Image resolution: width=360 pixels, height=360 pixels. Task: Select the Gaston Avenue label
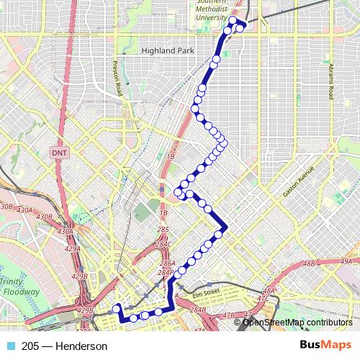click(x=299, y=184)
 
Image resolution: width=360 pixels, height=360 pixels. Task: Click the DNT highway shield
click(x=58, y=153)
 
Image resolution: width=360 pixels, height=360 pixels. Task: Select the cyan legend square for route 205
click(x=10, y=346)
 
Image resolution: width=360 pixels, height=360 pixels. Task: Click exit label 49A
click(x=346, y=261)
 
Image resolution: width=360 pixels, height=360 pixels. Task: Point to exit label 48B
click(x=309, y=264)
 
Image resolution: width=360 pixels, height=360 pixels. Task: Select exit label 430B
click(x=44, y=217)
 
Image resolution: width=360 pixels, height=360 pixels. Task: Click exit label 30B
click(x=6, y=206)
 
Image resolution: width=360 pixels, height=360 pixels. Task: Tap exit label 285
click(x=163, y=230)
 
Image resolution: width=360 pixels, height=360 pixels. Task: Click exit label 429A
click(x=72, y=248)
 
